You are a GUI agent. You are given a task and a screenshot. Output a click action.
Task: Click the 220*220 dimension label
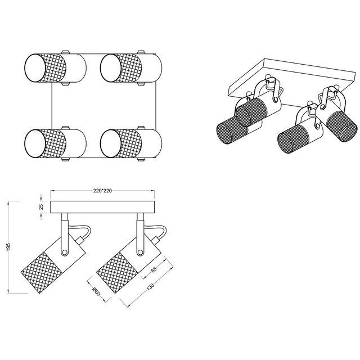pyautogui.click(x=102, y=191)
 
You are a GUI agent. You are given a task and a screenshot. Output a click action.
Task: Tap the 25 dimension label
pyautogui.click(x=41, y=206)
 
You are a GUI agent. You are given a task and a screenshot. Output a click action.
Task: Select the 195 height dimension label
pyautogui.click(x=8, y=247)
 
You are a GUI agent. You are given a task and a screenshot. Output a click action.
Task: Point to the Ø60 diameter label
pyautogui.click(x=96, y=291)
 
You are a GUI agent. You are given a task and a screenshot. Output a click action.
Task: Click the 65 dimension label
pyautogui.click(x=154, y=269)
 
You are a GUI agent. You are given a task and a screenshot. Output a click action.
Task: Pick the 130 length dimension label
pyautogui.click(x=150, y=287)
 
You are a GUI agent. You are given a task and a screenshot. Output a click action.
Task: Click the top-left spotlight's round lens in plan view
pyautogui.click(x=35, y=68)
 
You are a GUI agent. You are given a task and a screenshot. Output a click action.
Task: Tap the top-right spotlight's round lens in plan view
pyautogui.click(x=111, y=68)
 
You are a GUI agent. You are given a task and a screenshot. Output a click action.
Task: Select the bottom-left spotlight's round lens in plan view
pyautogui.click(x=35, y=143)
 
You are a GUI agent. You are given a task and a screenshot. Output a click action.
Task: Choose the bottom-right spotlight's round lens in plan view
pyautogui.click(x=111, y=143)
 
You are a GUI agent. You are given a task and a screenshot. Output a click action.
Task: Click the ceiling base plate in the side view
pyautogui.click(x=102, y=207)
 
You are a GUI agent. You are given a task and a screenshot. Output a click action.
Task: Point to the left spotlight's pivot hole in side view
pyautogui.click(x=65, y=253)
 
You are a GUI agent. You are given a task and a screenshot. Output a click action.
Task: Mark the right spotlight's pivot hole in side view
pyautogui.click(x=140, y=253)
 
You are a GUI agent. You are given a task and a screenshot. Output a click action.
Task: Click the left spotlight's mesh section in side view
pyautogui.click(x=41, y=272)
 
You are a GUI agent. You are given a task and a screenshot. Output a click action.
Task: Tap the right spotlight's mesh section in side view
pyautogui.click(x=117, y=272)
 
